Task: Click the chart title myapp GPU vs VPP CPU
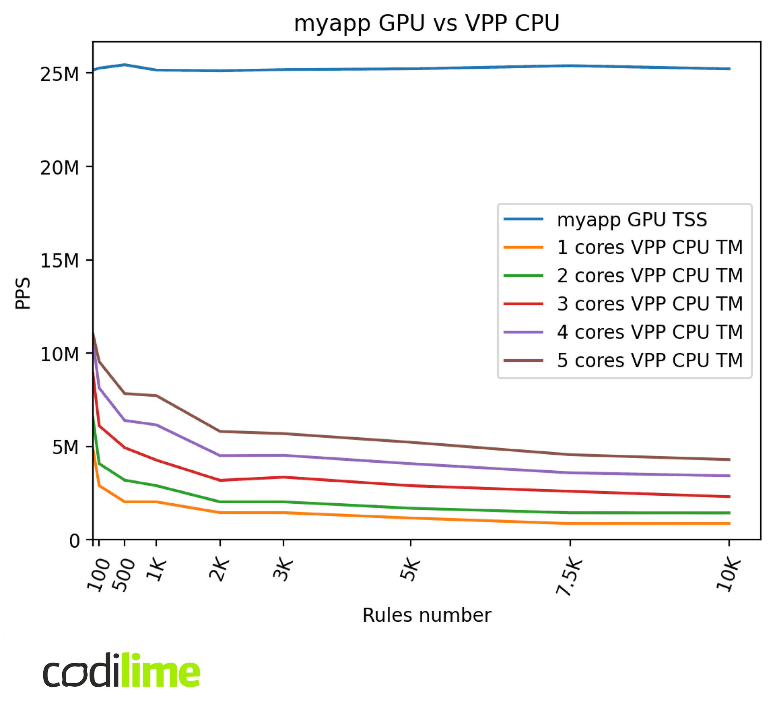pyautogui.click(x=426, y=23)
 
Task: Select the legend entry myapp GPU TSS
pyautogui.click(x=632, y=220)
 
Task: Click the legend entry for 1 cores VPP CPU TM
pyautogui.click(x=650, y=247)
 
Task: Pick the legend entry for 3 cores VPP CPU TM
pyautogui.click(x=650, y=304)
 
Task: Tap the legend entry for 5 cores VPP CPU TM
pyautogui.click(x=650, y=361)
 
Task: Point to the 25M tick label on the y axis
pyautogui.click(x=59, y=74)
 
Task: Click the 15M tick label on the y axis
pyautogui.click(x=59, y=261)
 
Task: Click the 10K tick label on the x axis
pyautogui.click(x=728, y=575)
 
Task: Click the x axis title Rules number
pyautogui.click(x=427, y=615)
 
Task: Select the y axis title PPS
pyautogui.click(x=23, y=293)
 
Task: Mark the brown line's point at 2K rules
pyautogui.click(x=220, y=432)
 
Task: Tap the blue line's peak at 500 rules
pyautogui.click(x=124, y=65)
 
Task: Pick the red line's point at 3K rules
pyautogui.click(x=284, y=477)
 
